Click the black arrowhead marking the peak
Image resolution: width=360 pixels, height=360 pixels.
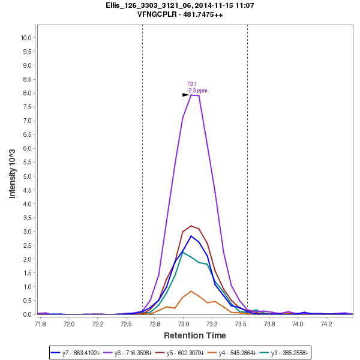(186, 95)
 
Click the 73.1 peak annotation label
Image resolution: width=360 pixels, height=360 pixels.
(192, 84)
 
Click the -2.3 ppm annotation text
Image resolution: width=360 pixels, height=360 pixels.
(197, 91)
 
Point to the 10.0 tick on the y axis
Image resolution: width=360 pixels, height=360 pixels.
(26, 38)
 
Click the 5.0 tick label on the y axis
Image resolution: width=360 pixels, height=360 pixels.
(28, 176)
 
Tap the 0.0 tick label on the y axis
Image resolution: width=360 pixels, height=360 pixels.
(28, 314)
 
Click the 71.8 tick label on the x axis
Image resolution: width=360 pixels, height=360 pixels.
(40, 324)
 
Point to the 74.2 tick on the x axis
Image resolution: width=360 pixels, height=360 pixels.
(326, 324)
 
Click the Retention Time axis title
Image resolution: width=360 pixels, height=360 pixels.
(195, 335)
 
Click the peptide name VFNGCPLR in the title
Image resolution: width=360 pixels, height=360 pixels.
(155, 14)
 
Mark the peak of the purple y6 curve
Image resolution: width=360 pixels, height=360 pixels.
(191, 95)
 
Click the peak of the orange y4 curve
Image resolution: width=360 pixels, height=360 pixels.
(191, 291)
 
